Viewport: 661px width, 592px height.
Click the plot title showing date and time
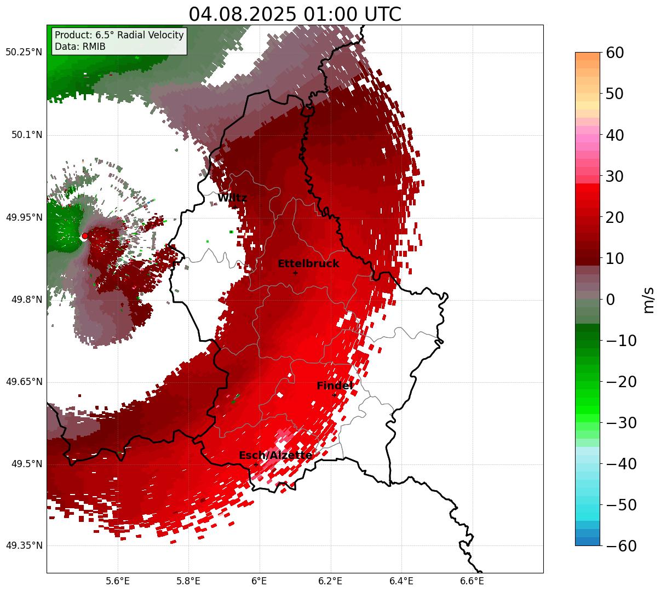point(295,14)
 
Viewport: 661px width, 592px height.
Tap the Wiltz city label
point(232,198)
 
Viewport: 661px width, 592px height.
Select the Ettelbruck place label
point(308,264)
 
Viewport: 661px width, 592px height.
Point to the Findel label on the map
point(335,386)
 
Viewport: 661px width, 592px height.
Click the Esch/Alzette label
point(275,456)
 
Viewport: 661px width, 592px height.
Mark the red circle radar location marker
point(84,236)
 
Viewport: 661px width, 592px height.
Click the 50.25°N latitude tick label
point(24,53)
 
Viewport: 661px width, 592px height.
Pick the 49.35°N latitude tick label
point(24,545)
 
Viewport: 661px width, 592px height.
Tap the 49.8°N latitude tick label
point(26,300)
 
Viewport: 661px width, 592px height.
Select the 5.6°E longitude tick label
point(118,581)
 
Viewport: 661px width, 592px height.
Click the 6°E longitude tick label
point(259,581)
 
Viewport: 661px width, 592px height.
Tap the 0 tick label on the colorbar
point(610,300)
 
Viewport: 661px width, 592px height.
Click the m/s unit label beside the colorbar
point(648,300)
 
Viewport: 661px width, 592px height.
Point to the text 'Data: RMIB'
point(80,47)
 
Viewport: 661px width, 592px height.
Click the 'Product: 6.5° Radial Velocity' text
point(119,35)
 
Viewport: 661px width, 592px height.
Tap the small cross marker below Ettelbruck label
point(295,273)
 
